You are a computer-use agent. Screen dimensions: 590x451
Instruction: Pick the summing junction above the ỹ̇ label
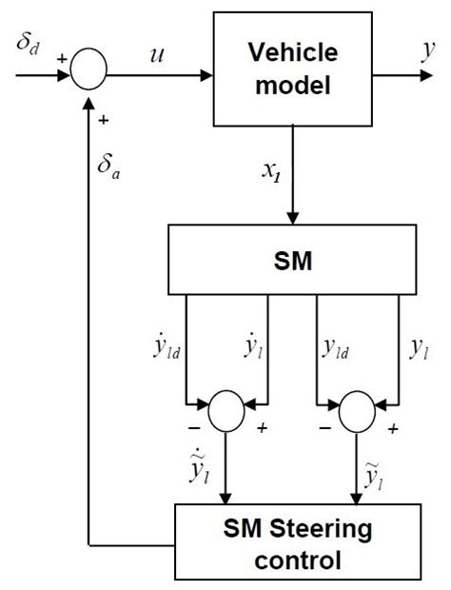tap(225, 415)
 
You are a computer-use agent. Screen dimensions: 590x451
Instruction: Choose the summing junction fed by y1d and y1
tap(360, 415)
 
